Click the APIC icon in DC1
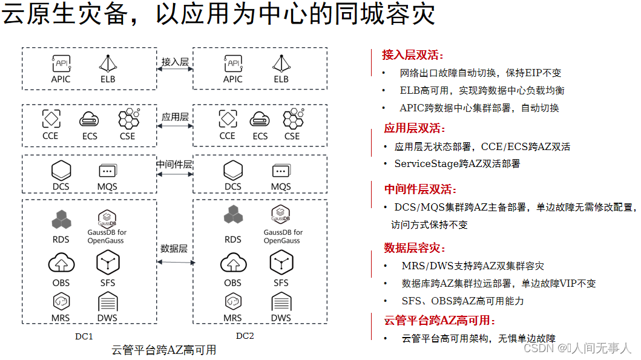pos(61,63)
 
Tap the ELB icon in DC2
pos(281,63)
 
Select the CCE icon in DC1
pos(50,118)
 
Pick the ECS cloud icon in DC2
pos(260,119)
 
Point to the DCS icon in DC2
pos(233,170)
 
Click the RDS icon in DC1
pos(61,219)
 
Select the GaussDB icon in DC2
pos(280,214)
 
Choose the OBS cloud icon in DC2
pos(233,264)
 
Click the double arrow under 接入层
pos(175,70)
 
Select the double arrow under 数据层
pos(176,262)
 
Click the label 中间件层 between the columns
pos(174,165)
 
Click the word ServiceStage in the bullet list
pos(424,163)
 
